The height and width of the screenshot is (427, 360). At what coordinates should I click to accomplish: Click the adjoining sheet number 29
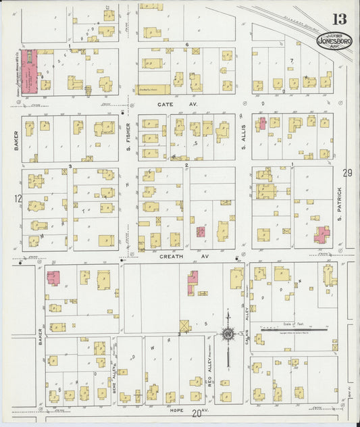[347, 174]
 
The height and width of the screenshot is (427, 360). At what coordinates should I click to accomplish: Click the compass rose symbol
[228, 335]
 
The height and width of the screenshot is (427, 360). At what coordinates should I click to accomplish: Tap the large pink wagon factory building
[28, 71]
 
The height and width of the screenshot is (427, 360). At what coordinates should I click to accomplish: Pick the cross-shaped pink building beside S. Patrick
[322, 234]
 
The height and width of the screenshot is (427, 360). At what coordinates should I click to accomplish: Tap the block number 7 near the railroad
[292, 61]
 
